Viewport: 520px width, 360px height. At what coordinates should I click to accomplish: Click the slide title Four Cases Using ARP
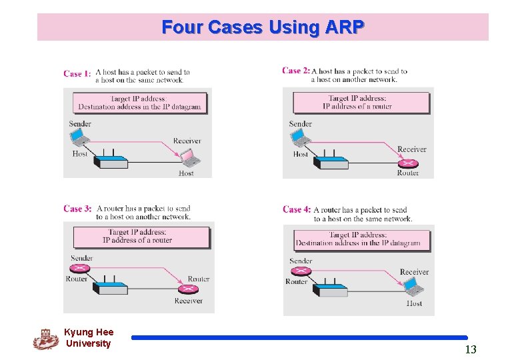(263, 27)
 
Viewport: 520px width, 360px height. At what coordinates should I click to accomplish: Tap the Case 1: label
(77, 74)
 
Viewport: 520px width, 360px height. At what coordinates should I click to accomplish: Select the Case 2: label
(295, 71)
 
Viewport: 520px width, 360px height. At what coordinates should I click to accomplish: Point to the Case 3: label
(77, 209)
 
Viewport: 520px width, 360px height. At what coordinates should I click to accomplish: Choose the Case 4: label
(296, 209)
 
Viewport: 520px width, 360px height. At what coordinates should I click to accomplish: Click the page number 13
(471, 349)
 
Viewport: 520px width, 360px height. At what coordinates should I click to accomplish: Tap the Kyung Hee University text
(89, 337)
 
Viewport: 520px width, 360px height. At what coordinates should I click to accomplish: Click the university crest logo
(45, 339)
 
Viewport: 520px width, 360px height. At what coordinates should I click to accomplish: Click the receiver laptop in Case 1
(190, 157)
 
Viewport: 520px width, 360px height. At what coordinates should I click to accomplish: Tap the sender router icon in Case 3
(81, 269)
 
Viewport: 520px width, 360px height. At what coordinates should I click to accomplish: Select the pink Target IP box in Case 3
(141, 237)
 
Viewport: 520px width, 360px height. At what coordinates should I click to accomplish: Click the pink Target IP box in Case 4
(358, 239)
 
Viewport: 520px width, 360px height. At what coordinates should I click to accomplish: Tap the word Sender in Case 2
(300, 123)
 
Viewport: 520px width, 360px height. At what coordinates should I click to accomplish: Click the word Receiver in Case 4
(414, 272)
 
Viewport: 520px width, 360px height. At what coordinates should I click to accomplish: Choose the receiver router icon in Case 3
(187, 289)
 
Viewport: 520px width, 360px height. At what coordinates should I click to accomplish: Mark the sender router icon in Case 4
(301, 271)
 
